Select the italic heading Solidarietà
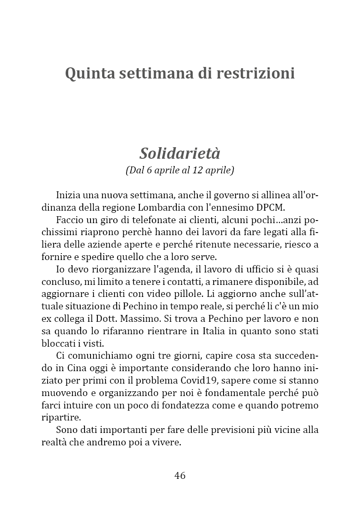pos(180,153)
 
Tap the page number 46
pos(180,475)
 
